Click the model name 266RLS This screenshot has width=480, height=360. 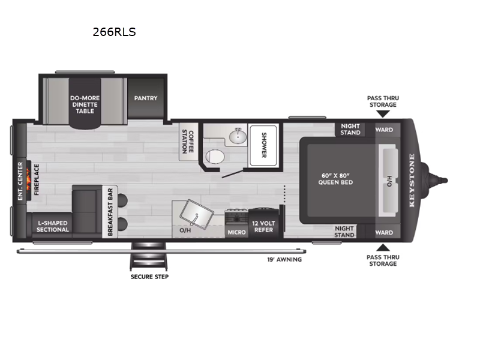pyautogui.click(x=114, y=32)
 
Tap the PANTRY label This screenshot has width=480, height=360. pyautogui.click(x=146, y=98)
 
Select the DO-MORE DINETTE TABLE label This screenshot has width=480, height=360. pyautogui.click(x=85, y=104)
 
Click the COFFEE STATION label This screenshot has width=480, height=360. pyautogui.click(x=188, y=142)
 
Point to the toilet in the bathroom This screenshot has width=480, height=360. pyautogui.click(x=215, y=156)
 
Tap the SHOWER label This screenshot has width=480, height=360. pyautogui.click(x=264, y=145)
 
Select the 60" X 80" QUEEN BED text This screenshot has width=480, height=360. pyautogui.click(x=335, y=179)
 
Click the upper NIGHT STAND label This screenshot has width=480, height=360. pyautogui.click(x=350, y=129)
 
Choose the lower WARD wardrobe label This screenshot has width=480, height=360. pyautogui.click(x=384, y=233)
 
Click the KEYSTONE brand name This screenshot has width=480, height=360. pyautogui.click(x=412, y=180)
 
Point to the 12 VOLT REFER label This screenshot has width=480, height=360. pyautogui.click(x=263, y=227)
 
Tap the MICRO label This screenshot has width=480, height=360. pyautogui.click(x=236, y=233)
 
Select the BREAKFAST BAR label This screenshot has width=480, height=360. pyautogui.click(x=110, y=212)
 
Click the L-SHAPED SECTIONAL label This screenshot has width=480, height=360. pyautogui.click(x=53, y=226)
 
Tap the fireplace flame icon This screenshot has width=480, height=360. pyautogui.click(x=28, y=181)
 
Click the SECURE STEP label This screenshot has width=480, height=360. pyautogui.click(x=149, y=277)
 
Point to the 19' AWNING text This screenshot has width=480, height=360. pyautogui.click(x=284, y=260)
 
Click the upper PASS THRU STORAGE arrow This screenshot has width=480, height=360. pyautogui.click(x=383, y=114)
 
